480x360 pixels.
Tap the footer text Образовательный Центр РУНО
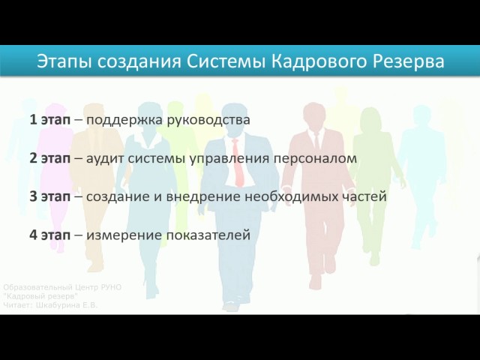click(62, 287)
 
